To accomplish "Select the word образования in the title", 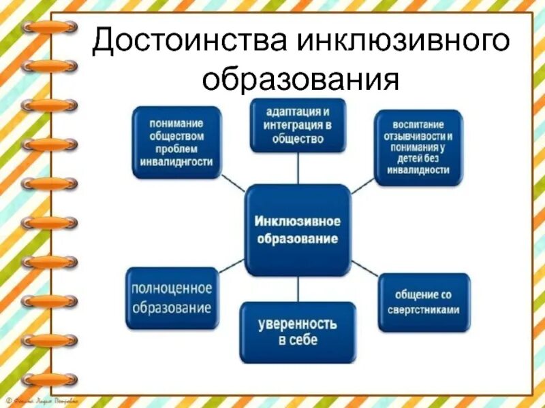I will pos(300,79).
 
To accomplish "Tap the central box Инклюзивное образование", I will pos(298,230).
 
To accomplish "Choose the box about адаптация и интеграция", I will pos(298,124).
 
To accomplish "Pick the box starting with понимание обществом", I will pos(177,142).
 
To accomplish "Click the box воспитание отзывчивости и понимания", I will pos(418,148).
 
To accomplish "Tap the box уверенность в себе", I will pos(298,331).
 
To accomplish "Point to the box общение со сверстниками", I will pos(424,302).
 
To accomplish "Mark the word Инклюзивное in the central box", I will pos(298,222).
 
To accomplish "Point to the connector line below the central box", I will pos(298,288).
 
